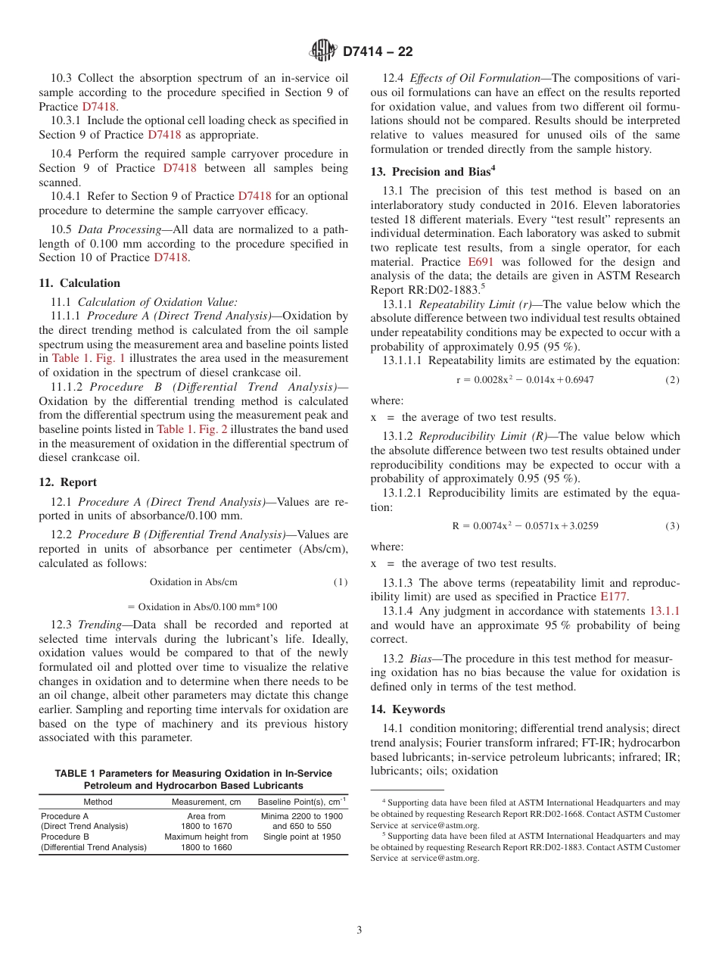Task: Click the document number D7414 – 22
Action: tap(377, 52)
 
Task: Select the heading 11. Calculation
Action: tap(79, 283)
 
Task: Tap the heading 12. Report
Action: tap(67, 482)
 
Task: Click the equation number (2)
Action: tap(672, 379)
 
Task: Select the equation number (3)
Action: tap(672, 525)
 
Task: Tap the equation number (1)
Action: tap(341, 582)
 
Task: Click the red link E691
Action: tap(481, 262)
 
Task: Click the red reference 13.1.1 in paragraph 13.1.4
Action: tap(665, 611)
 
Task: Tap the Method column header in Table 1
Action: tap(98, 802)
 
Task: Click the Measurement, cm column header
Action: tap(207, 802)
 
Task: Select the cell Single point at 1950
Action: tap(301, 837)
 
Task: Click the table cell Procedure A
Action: tap(65, 816)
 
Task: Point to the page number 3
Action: tap(359, 930)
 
